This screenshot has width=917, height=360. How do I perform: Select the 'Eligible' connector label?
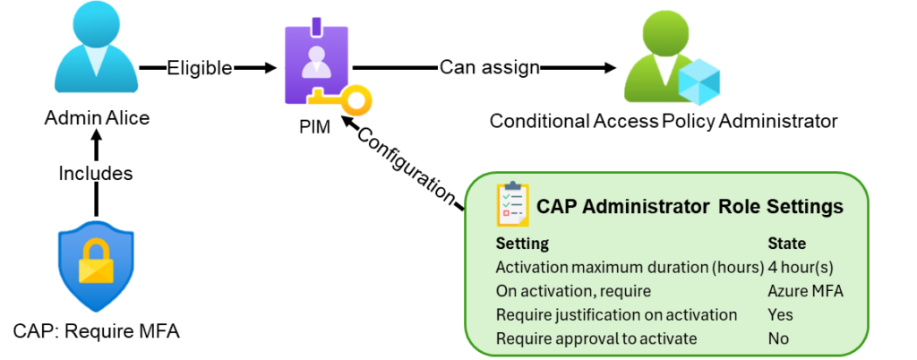click(x=200, y=67)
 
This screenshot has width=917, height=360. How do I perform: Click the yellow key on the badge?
click(x=345, y=99)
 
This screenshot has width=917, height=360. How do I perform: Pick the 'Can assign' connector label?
click(x=489, y=66)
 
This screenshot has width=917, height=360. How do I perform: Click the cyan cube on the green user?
click(x=699, y=83)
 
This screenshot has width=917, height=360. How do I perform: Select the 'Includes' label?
click(x=95, y=173)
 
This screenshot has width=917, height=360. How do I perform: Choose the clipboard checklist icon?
click(x=512, y=205)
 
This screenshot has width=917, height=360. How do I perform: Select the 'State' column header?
click(x=786, y=243)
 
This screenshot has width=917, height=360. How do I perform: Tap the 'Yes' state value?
click(x=780, y=315)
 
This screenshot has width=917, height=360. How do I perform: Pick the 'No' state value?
click(x=778, y=339)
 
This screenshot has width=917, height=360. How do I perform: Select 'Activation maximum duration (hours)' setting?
click(x=629, y=267)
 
